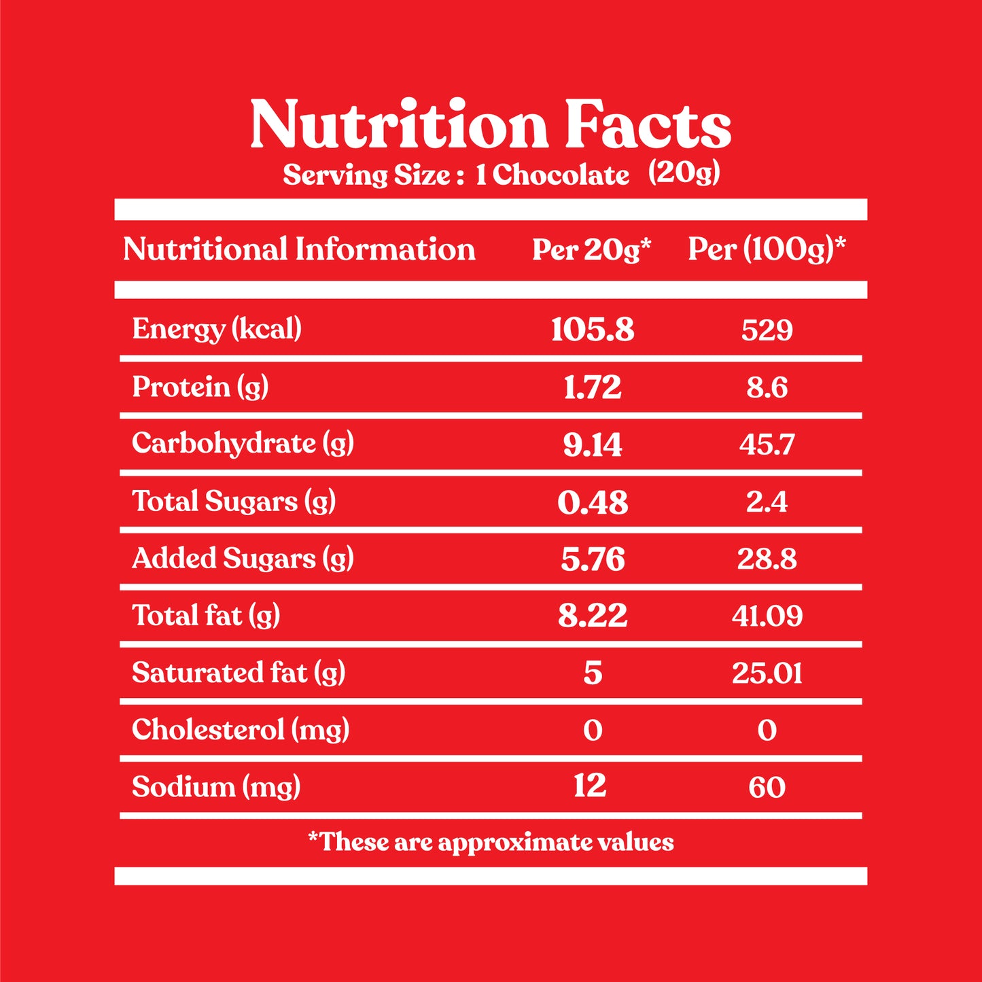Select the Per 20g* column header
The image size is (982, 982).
coord(591,249)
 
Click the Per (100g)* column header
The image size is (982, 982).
coord(767,249)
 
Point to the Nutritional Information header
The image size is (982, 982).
coord(299,249)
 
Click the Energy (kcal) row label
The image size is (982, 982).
coord(217,329)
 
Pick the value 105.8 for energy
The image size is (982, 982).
coord(592,330)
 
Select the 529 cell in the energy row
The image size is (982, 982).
coord(767,330)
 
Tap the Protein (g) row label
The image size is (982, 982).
coord(200,387)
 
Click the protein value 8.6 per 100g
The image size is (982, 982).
coord(767,387)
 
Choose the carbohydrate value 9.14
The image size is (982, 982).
coord(592,444)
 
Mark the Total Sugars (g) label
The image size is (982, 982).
coord(234,502)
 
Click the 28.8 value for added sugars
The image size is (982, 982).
coord(767,559)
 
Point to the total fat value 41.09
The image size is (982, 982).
coord(767,616)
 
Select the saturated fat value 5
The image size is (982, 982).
coord(593,673)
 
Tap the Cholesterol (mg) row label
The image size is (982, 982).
coord(241,730)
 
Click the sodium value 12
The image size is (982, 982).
coord(590,786)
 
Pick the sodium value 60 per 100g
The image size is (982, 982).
coord(767,787)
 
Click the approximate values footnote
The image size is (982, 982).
coord(491,842)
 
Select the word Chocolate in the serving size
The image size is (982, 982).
coord(561,175)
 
